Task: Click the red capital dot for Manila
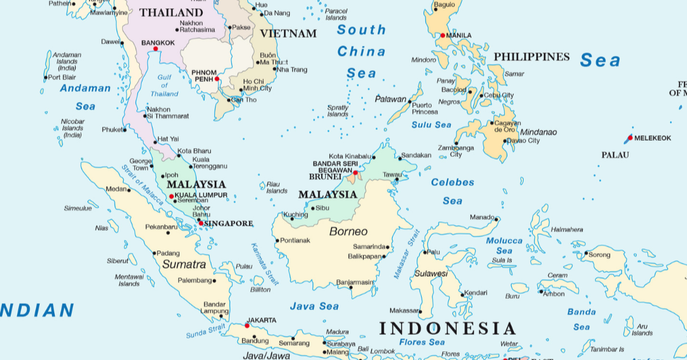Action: click(x=442, y=35)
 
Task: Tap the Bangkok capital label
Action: click(x=158, y=43)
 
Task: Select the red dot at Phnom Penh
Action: click(x=217, y=79)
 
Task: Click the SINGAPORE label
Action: click(x=228, y=223)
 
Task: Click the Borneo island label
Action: click(x=348, y=231)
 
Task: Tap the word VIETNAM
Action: click(x=288, y=33)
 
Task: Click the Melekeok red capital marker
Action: click(x=630, y=137)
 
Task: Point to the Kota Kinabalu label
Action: click(x=350, y=156)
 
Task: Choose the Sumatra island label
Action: click(x=184, y=264)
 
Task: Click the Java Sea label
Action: click(x=314, y=306)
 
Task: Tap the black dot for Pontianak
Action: click(x=277, y=240)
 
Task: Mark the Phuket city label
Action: click(x=112, y=130)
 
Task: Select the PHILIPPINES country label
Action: click(x=531, y=57)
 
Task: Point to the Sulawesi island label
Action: click(x=430, y=274)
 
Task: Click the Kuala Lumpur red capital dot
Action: click(x=171, y=196)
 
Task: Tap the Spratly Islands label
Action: click(x=338, y=111)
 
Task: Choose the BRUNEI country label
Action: click(x=325, y=177)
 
